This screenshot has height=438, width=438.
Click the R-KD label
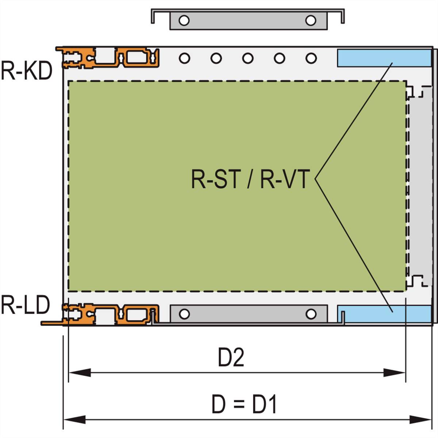26,71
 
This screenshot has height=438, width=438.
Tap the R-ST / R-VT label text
250,179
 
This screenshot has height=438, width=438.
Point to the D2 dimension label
231,358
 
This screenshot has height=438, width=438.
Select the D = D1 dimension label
244,404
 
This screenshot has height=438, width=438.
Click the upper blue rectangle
383,58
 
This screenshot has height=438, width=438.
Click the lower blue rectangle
387,314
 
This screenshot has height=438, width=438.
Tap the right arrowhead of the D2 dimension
394,373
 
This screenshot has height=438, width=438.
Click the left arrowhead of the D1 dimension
75,419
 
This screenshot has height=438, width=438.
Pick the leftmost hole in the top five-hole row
184,58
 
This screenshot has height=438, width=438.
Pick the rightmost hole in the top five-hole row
311,58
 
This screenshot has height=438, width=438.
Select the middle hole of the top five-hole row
248,58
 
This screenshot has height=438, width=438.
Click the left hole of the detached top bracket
184,20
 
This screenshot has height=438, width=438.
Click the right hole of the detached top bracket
311,20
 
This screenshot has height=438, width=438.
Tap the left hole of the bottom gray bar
184,314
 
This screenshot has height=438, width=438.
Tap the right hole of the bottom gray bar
311,314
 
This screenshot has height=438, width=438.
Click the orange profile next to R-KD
109,57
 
